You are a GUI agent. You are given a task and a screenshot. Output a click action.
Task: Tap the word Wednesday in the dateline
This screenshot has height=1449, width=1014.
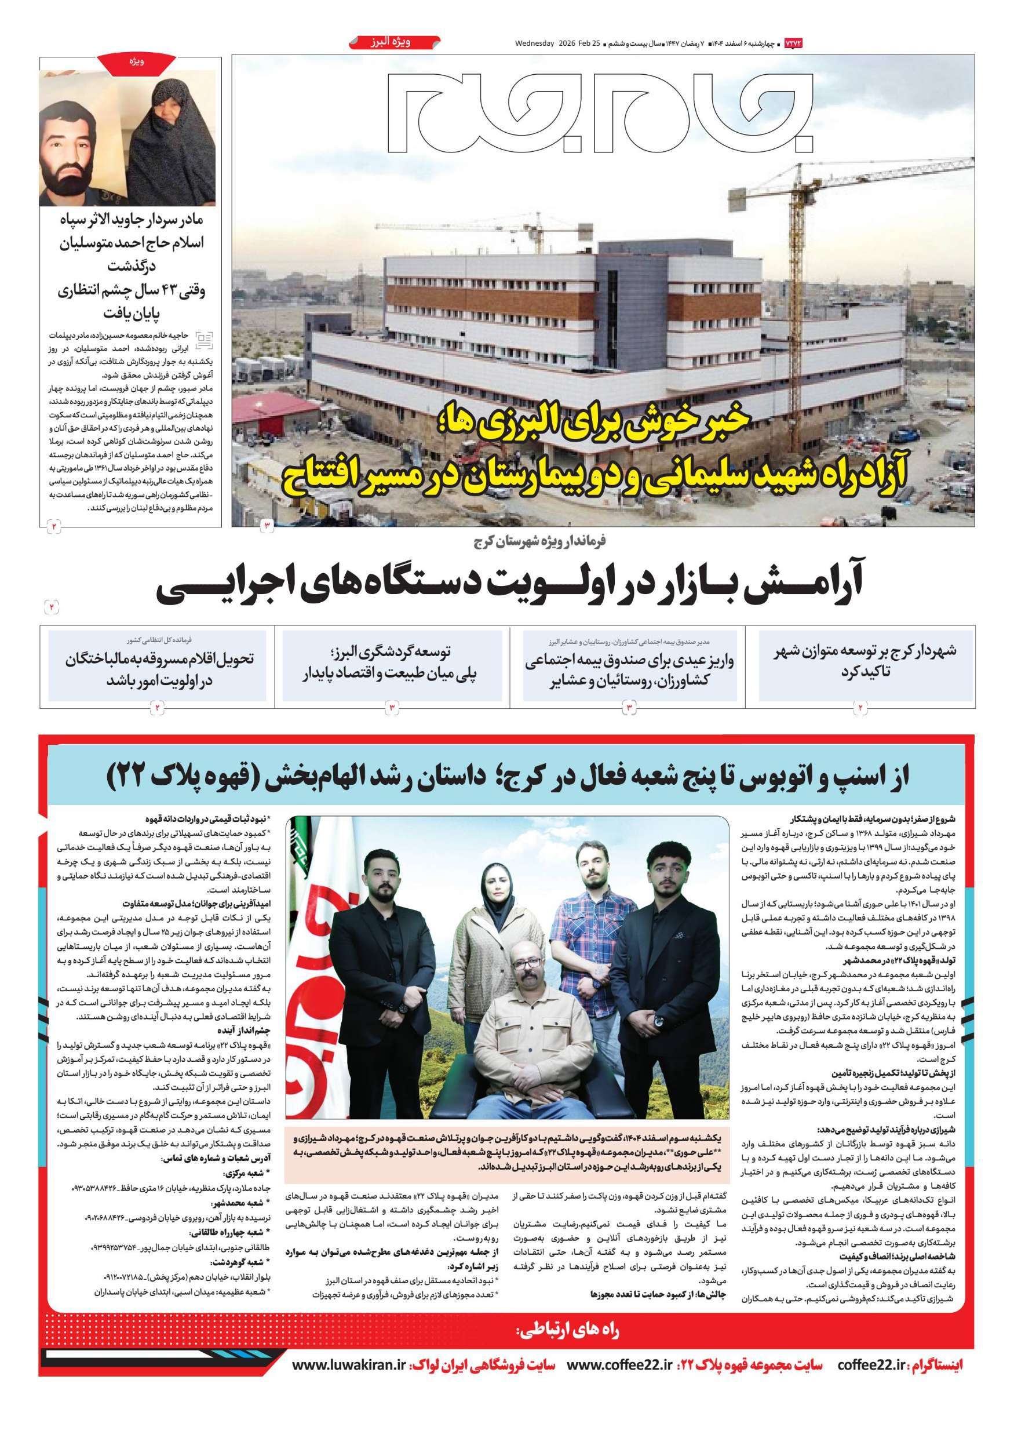(534, 43)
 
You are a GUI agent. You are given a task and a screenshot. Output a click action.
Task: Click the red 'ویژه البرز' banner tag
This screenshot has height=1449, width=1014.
(394, 43)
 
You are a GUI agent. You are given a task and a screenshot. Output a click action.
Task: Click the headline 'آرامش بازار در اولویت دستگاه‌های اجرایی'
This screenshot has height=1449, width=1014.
(508, 585)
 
